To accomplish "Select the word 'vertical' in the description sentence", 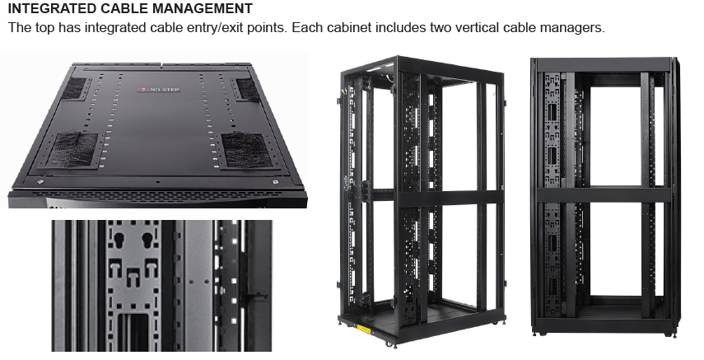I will coord(488,28).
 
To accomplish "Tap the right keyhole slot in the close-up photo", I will coord(148,241).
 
